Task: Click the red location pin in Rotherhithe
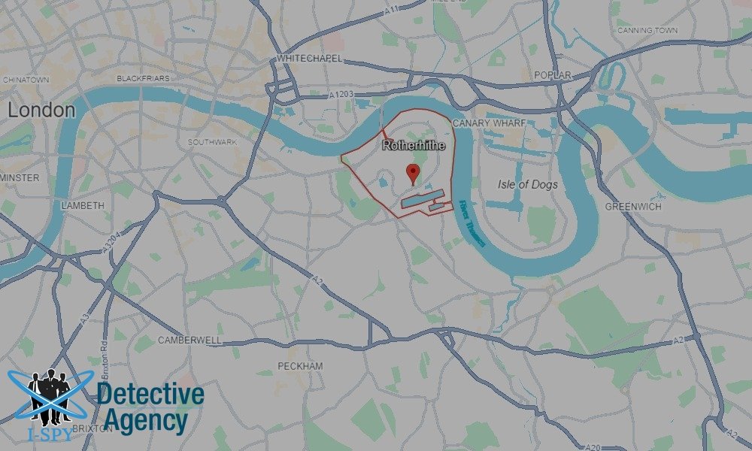[x=412, y=172]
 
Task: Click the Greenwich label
[x=633, y=206]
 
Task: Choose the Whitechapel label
[x=310, y=58]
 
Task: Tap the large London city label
[x=41, y=110]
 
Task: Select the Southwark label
[x=212, y=142]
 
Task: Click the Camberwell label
[x=190, y=341]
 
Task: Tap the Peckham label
[x=300, y=366]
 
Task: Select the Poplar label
[x=552, y=75]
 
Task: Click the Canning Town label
[x=647, y=31]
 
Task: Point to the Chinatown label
[x=26, y=79]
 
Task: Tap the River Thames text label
[x=472, y=224]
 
